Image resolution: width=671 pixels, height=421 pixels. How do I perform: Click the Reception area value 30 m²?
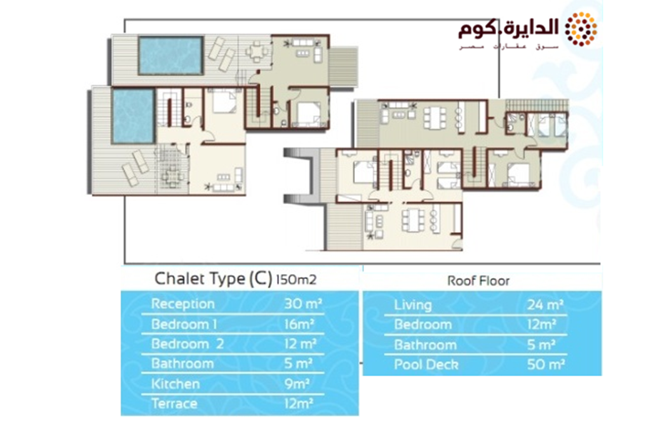(303, 304)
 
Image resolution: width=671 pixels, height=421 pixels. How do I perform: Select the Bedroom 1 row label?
(184, 324)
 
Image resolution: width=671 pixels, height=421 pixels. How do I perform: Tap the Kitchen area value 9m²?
(296, 384)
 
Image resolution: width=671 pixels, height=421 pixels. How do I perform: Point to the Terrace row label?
(174, 403)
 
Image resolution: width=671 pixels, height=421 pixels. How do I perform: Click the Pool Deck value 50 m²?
(546, 365)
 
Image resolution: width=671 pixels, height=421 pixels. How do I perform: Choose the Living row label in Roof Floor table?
(413, 305)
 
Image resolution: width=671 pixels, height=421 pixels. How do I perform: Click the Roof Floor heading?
(478, 281)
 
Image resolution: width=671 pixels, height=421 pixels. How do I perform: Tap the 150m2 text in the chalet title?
(296, 280)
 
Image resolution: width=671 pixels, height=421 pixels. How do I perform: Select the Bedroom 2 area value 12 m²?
(301, 344)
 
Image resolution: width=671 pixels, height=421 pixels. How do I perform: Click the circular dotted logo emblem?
(581, 29)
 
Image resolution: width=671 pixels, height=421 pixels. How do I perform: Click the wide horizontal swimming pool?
(171, 56)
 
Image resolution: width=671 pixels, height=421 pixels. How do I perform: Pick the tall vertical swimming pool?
(133, 116)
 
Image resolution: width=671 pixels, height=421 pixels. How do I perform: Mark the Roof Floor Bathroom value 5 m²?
(541, 345)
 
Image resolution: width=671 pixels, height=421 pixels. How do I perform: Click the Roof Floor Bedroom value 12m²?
(542, 325)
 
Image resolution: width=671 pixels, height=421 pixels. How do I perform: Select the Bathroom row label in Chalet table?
(183, 364)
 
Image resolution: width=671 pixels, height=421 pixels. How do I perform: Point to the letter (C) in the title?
(260, 279)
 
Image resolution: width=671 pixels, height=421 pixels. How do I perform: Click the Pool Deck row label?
(426, 365)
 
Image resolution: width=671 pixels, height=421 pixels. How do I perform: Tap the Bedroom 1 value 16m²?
(299, 324)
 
